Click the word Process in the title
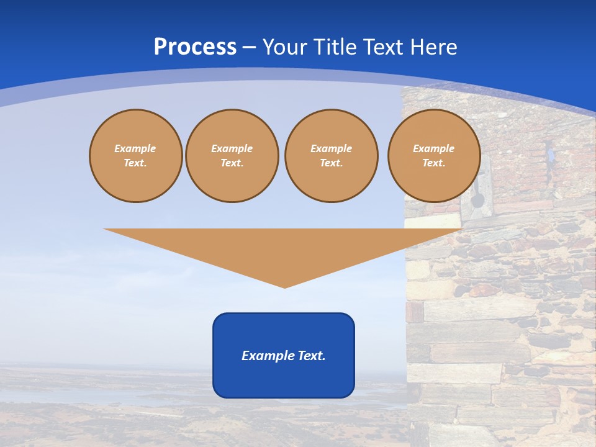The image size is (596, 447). tap(195, 47)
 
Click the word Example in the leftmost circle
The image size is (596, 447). tap(135, 148)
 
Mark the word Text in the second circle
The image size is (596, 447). tap(231, 163)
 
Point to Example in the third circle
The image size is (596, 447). tap(331, 148)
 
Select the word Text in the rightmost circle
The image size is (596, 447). tap(433, 163)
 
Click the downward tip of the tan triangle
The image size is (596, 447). tap(285, 287)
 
